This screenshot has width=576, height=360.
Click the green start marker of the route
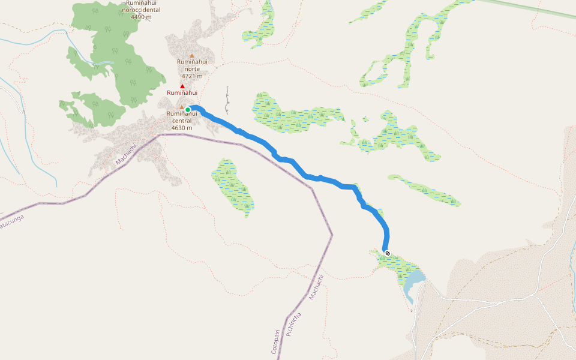(188, 109)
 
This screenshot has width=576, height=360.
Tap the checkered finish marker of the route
(388, 253)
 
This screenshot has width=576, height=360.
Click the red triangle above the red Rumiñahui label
(182, 86)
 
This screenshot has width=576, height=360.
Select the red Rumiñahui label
(182, 93)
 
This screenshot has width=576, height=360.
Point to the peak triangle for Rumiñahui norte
(192, 56)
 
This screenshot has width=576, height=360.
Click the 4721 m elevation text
(192, 76)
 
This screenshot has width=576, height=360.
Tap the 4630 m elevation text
(181, 128)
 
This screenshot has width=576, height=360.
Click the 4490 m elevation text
(140, 17)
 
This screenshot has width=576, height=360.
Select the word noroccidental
(140, 10)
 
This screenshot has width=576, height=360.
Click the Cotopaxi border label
(275, 341)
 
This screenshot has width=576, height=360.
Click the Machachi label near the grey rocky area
(126, 154)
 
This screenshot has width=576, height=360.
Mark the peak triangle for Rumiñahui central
(182, 107)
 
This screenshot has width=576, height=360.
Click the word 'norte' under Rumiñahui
(192, 69)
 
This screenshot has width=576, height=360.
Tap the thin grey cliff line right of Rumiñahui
(228, 101)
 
